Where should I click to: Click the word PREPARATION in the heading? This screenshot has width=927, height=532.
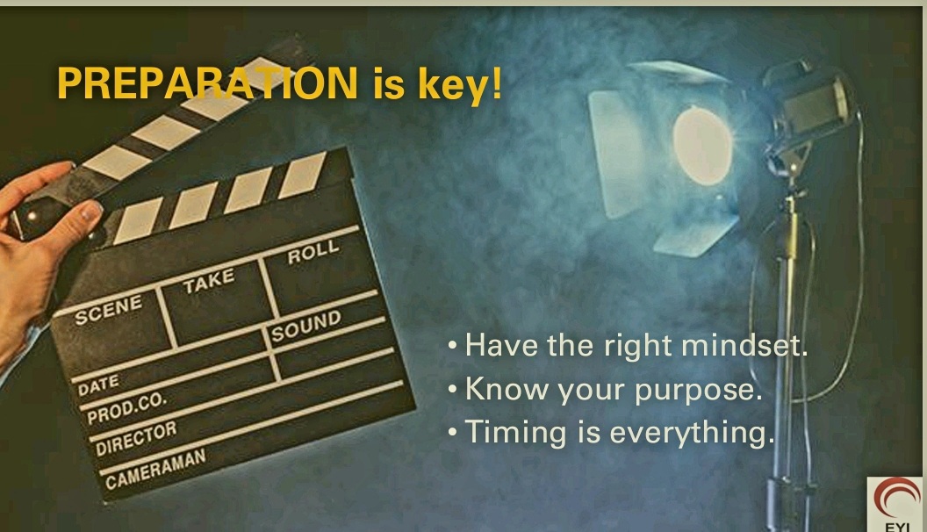207,83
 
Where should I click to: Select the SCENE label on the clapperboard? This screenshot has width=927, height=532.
109,308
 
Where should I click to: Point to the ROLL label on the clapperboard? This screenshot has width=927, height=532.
313,252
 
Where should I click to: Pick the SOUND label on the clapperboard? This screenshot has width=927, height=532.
306,326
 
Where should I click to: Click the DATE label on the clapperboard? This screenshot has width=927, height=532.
98,385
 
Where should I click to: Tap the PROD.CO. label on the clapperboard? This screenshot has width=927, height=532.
126,408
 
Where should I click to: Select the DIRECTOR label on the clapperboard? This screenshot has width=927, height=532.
136,439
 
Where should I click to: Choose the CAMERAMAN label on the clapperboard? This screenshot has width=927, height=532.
155,469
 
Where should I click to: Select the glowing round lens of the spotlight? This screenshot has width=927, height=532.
702,146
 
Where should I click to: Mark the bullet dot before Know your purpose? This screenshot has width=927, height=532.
453,390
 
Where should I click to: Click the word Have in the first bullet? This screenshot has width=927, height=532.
501,345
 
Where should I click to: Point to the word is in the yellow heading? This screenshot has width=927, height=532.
388,84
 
